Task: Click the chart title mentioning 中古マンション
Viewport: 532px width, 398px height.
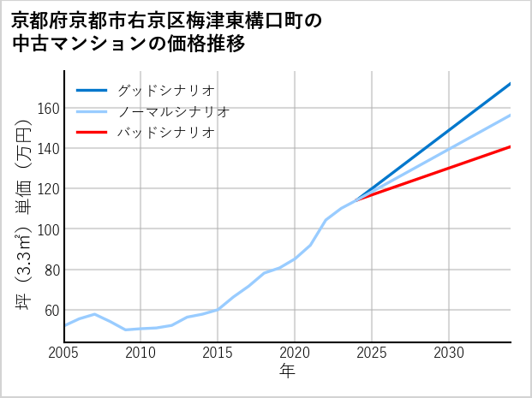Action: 166,32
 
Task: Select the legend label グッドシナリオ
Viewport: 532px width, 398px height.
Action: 166,89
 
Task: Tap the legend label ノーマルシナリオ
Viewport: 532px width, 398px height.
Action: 174,111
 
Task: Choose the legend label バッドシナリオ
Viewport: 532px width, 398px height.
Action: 166,133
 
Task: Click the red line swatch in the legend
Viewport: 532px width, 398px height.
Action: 92,133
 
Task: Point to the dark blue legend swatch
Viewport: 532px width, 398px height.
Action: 92,89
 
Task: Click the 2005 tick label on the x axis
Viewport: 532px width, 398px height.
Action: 64,353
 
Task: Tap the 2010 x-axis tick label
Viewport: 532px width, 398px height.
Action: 141,353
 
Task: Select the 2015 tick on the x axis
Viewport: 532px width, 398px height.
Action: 218,353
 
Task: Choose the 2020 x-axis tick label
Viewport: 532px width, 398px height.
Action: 295,353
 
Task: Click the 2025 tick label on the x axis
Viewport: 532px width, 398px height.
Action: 372,353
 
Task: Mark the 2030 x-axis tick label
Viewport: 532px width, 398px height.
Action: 449,353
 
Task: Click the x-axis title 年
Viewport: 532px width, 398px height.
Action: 287,371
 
